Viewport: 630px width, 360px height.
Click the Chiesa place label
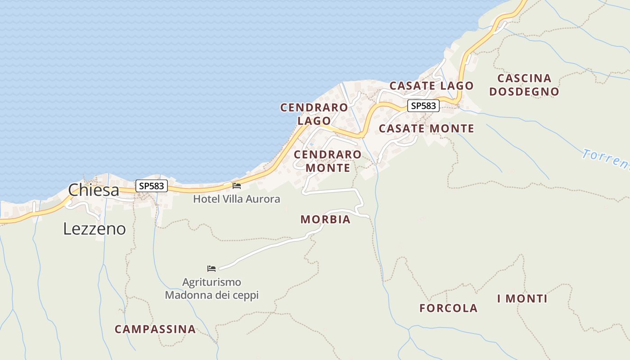(94, 190)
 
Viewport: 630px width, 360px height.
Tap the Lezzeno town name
(94, 229)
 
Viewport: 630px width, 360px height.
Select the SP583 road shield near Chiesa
(152, 186)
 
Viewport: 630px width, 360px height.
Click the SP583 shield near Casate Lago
(423, 106)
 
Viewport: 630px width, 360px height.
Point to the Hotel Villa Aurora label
(237, 199)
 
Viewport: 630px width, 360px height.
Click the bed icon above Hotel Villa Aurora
(237, 185)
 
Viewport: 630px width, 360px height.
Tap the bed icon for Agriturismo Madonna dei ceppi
(211, 269)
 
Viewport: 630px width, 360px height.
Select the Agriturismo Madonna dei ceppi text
(211, 289)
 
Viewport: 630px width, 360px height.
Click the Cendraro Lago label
(314, 114)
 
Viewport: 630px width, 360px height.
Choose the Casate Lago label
(432, 85)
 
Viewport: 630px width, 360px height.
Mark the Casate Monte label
(427, 129)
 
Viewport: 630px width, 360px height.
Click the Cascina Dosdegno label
(524, 85)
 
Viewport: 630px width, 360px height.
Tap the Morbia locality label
(325, 220)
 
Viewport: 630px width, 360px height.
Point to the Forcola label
(448, 308)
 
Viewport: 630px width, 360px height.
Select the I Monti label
(522, 298)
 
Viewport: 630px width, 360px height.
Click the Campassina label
(155, 329)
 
